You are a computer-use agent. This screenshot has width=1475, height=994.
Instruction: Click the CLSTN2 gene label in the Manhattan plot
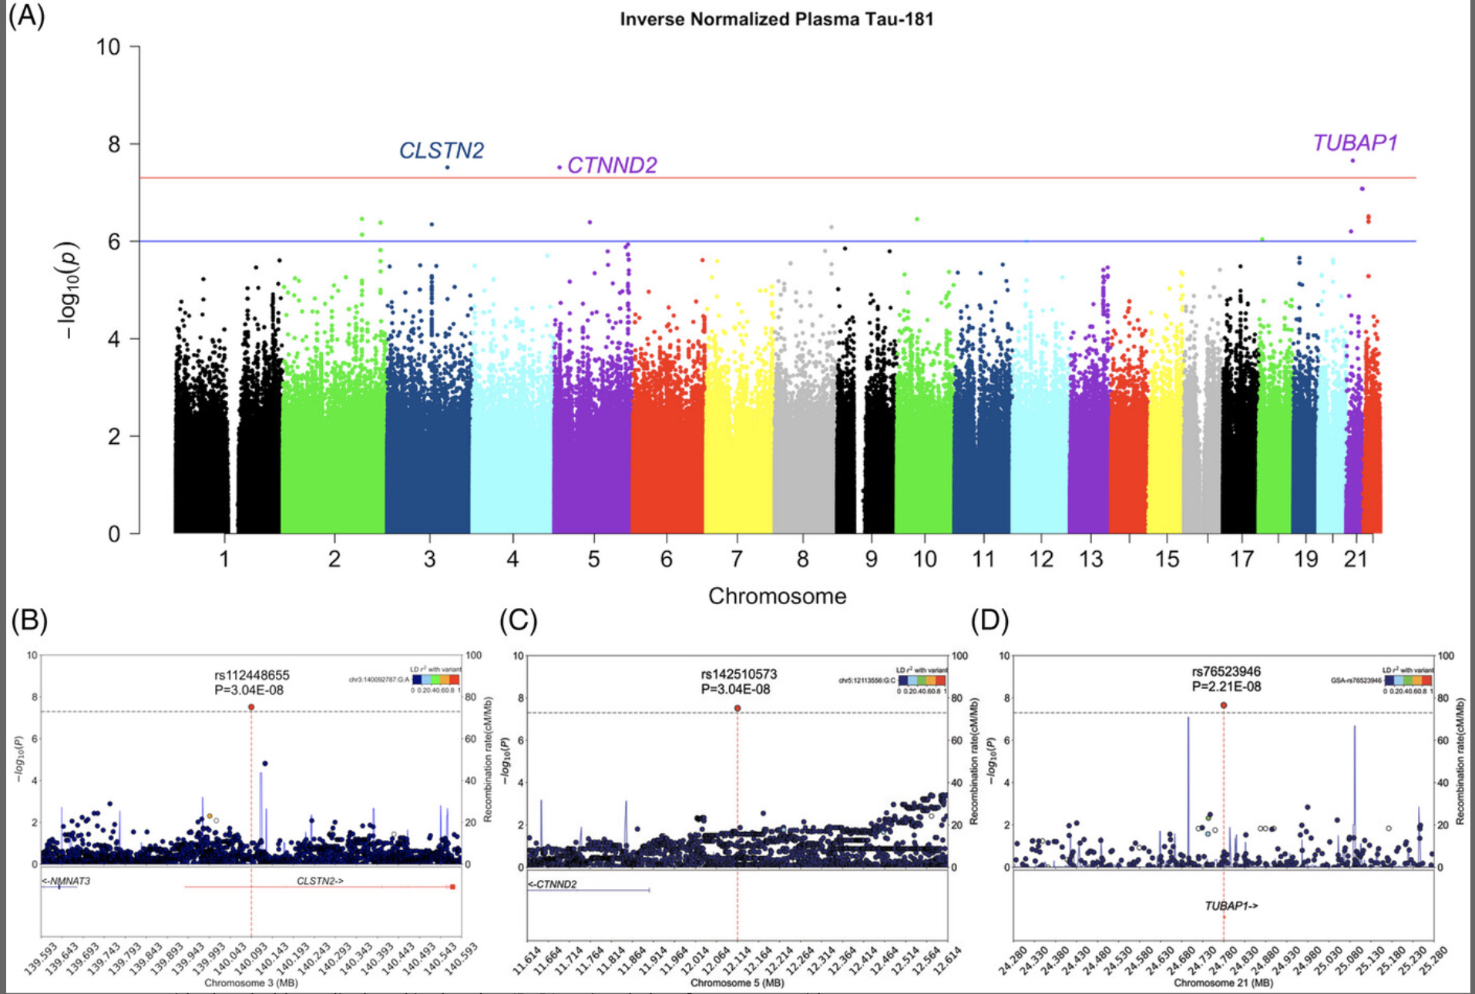pyautogui.click(x=441, y=150)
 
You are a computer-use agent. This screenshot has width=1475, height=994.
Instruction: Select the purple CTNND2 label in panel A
pyautogui.click(x=612, y=166)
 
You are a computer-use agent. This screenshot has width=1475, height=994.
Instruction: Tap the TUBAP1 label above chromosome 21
pyautogui.click(x=1355, y=143)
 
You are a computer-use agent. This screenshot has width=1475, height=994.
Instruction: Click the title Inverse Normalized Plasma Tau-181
pyautogui.click(x=776, y=19)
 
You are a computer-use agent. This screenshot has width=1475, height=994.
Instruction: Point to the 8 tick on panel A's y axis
pyautogui.click(x=114, y=144)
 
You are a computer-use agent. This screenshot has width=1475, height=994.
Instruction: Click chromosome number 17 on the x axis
pyautogui.click(x=1241, y=559)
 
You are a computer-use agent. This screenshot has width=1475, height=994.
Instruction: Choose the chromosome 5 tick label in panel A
pyautogui.click(x=593, y=559)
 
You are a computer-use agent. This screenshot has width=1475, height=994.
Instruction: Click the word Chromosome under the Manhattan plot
pyautogui.click(x=777, y=596)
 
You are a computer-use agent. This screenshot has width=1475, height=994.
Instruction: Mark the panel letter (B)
pyautogui.click(x=29, y=620)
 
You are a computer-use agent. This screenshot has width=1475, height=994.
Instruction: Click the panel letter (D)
pyautogui.click(x=989, y=620)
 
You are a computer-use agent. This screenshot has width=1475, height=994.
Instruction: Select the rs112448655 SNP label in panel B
pyautogui.click(x=252, y=676)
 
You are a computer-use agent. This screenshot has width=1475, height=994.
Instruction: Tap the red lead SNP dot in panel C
pyautogui.click(x=737, y=708)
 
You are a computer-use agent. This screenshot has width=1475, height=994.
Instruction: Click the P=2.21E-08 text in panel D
pyautogui.click(x=1226, y=687)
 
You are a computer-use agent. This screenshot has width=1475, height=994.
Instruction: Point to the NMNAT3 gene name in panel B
pyautogui.click(x=67, y=881)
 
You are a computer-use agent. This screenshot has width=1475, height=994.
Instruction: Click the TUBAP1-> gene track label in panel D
pyautogui.click(x=1231, y=906)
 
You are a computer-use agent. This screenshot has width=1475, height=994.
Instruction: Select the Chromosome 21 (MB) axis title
pyautogui.click(x=1223, y=982)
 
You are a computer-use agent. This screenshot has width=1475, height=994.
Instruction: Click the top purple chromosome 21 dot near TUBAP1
pyautogui.click(x=1352, y=160)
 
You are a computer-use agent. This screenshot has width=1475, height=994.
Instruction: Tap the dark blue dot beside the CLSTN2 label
pyautogui.click(x=447, y=167)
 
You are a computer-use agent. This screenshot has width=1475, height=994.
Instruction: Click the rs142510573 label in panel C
pyautogui.click(x=738, y=675)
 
